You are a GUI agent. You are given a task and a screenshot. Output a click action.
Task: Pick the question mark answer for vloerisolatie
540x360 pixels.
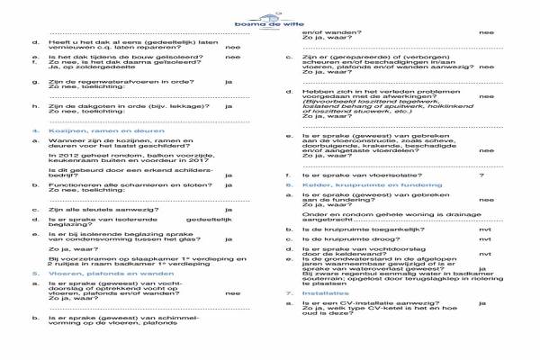tap(481, 175)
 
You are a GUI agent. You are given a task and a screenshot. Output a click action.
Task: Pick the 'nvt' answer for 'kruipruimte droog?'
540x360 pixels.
tap(484, 241)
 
